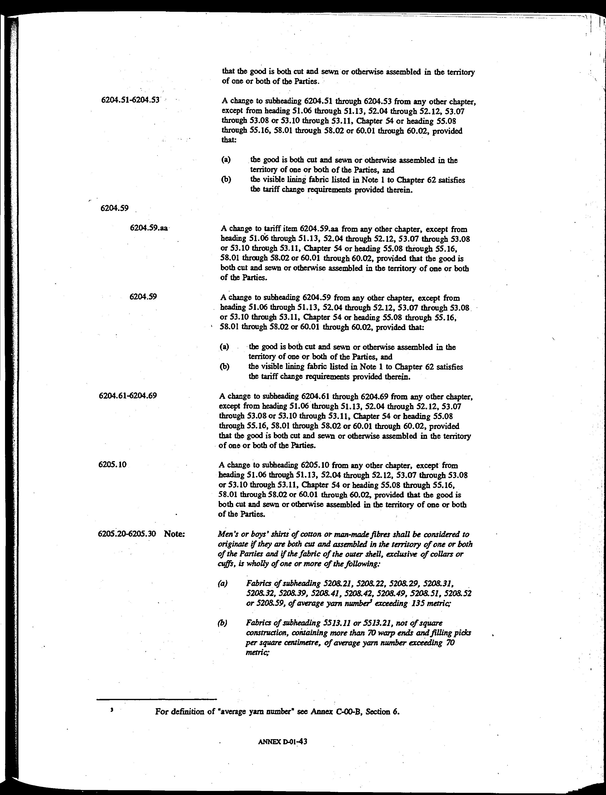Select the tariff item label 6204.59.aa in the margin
[149, 228]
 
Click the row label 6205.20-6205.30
[127, 534]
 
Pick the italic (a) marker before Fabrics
[223, 583]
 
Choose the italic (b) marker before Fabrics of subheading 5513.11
[223, 623]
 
